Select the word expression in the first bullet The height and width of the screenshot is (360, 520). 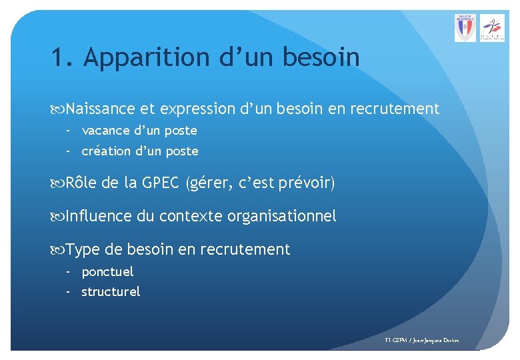[198, 109]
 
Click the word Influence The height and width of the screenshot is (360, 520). [99, 216]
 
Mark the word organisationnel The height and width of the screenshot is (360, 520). [282, 216]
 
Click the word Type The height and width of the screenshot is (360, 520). [83, 250]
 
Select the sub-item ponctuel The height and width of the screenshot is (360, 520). [107, 272]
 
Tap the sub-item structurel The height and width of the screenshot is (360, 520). [111, 292]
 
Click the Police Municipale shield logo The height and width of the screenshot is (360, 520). [465, 28]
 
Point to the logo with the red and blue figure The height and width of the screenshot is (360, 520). [494, 28]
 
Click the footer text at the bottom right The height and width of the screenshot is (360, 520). [422, 341]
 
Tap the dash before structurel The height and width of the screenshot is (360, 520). [68, 292]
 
